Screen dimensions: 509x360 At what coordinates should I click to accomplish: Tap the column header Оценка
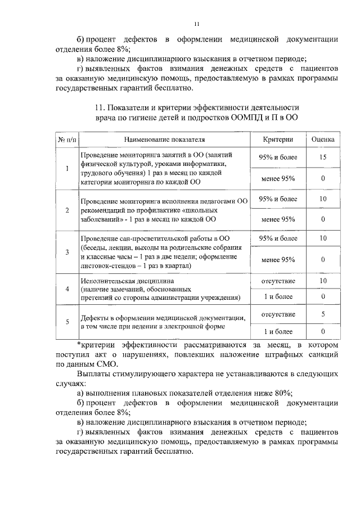click(323, 139)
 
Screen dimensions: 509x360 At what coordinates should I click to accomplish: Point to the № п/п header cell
click(67, 139)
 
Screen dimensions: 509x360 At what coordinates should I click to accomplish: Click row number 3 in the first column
click(67, 252)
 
